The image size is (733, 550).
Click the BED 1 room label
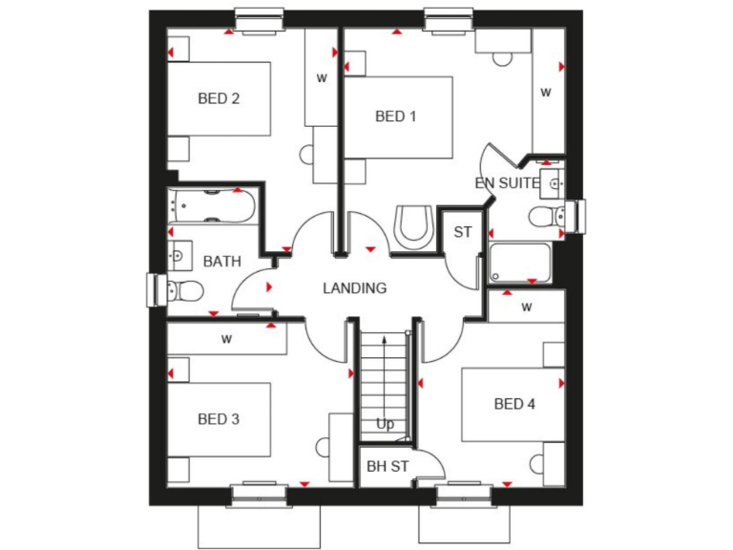[x=396, y=116]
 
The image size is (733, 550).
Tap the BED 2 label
[x=219, y=97]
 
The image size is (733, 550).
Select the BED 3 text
[x=219, y=419]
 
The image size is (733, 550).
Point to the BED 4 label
[x=514, y=404]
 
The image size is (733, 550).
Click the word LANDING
[x=355, y=287]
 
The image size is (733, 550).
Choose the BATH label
[x=222, y=261]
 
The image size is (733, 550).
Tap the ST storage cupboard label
[x=463, y=232]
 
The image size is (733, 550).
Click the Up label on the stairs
[x=385, y=424]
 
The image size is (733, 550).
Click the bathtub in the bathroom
[x=212, y=207]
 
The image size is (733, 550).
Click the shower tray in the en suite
[x=520, y=263]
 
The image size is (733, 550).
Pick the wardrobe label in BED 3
[x=227, y=338]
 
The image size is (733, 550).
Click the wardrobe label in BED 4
[x=526, y=307]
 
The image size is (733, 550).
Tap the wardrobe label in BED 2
[x=322, y=78]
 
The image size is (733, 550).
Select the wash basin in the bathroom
[x=178, y=255]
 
